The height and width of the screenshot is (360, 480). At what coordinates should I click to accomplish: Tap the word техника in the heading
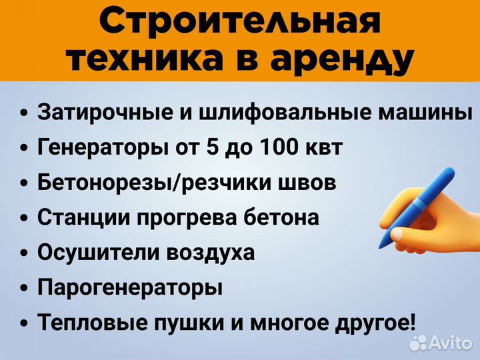click(x=143, y=61)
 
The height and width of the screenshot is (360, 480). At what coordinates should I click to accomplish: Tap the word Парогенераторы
click(x=130, y=289)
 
